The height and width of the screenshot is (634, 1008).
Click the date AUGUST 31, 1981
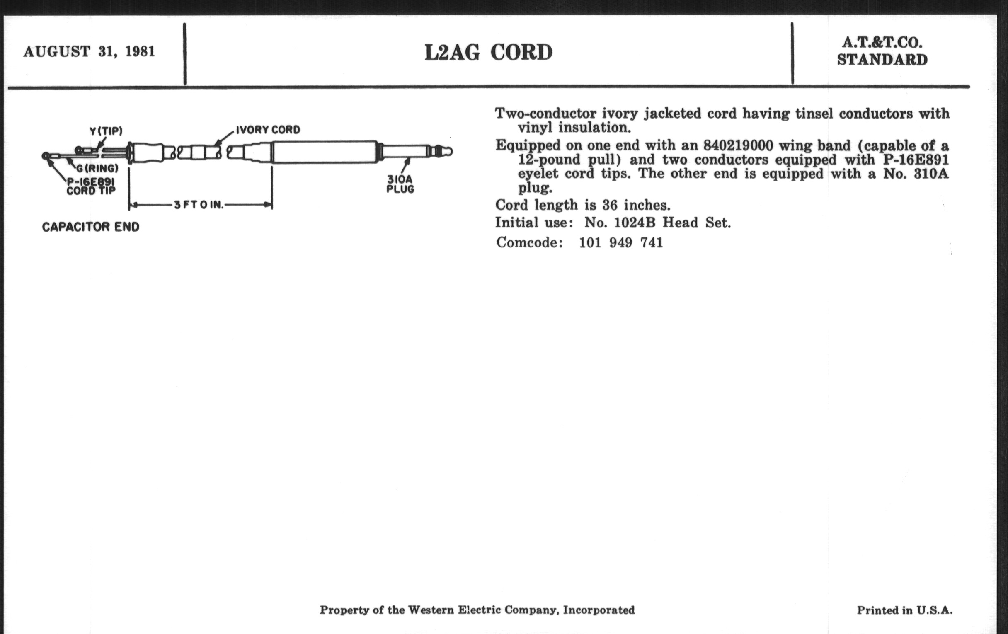click(x=89, y=51)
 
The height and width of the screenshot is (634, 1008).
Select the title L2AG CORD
click(x=488, y=53)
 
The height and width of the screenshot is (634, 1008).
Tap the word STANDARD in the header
click(x=882, y=60)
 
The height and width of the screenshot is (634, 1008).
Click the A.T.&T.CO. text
click(x=882, y=43)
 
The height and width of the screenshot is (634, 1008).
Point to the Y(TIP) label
click(x=106, y=131)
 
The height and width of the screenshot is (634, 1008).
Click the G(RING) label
click(x=97, y=168)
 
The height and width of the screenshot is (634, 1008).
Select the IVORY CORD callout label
click(x=268, y=130)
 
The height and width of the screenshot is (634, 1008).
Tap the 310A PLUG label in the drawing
click(x=400, y=184)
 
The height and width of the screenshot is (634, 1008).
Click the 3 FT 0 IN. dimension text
click(x=199, y=205)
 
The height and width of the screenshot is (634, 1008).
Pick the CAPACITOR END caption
click(x=91, y=227)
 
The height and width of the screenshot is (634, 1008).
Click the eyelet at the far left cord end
click(x=46, y=156)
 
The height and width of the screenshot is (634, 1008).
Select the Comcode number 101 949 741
click(x=621, y=243)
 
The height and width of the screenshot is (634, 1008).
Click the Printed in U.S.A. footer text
click(x=905, y=610)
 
